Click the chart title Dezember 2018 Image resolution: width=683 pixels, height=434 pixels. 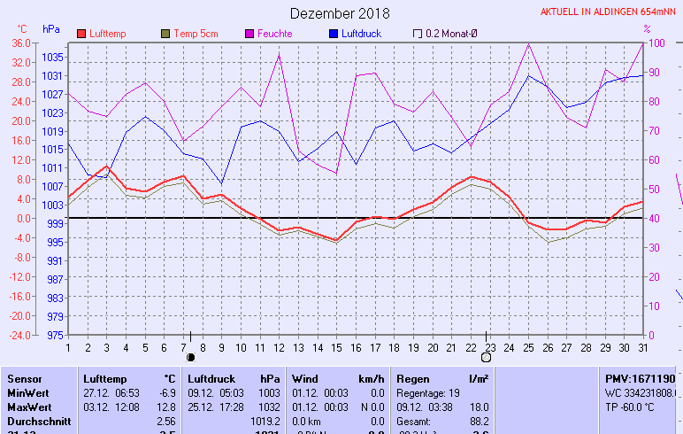coord(340,14)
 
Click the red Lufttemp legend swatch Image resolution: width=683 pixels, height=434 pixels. coord(82,34)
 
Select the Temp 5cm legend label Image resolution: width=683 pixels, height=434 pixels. coord(196,34)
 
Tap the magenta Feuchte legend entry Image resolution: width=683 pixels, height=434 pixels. coord(274,34)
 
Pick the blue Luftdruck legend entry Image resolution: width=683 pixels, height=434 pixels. coord(365,34)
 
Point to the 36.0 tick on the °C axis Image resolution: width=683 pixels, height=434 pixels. coord(20,43)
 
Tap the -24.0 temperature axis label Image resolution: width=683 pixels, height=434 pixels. coord(19,336)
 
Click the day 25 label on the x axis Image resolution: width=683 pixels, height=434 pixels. coord(529,346)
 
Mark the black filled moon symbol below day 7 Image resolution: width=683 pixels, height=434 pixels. coord(190,357)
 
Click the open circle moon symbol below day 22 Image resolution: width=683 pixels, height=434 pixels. coord(486,357)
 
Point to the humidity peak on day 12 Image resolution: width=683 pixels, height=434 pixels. coord(279,55)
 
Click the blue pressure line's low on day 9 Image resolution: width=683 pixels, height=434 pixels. coord(221,183)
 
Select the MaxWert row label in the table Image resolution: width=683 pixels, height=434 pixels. coord(28,407)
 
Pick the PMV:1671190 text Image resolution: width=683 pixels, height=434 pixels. coord(640,378)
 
